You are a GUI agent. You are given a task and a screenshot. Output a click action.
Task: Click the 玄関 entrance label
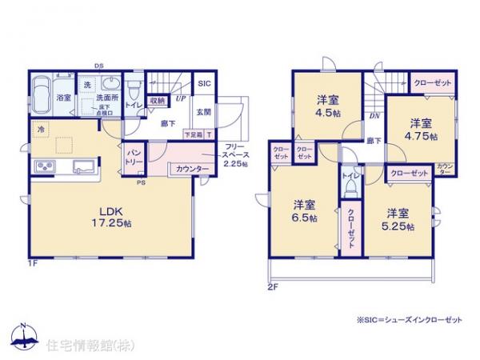tap(204, 112)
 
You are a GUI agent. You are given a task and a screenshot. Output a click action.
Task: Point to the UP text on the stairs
tap(180, 98)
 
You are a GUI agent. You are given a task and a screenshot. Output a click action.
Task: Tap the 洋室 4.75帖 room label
tap(422, 130)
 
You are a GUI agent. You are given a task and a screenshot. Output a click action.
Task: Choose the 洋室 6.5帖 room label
tap(302, 210)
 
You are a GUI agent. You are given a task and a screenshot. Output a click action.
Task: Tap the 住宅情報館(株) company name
tap(83, 346)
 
